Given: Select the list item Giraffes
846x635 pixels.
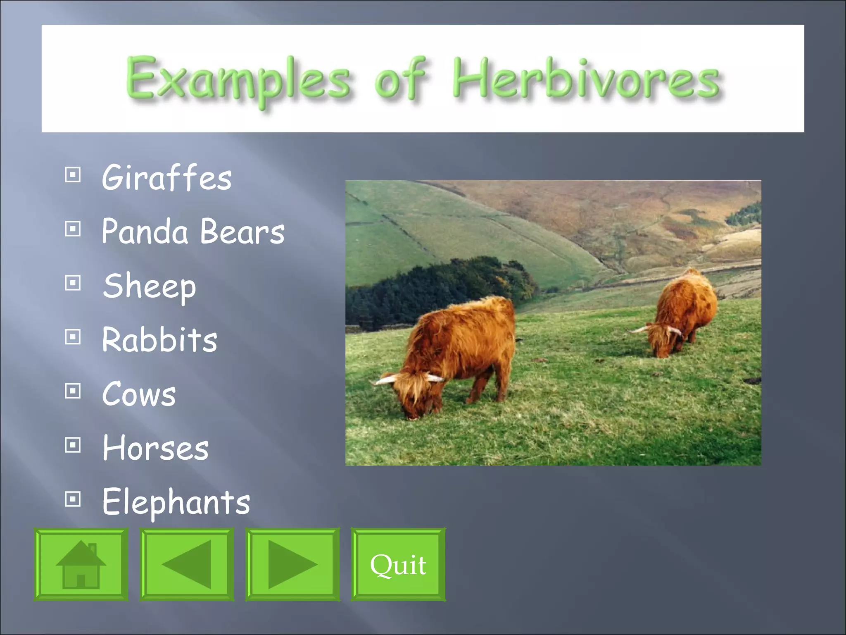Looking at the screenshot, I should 167,177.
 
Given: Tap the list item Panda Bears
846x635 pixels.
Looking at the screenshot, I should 193,232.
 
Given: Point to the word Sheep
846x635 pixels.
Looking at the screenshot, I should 150,286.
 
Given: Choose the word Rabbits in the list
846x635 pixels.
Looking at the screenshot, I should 159,340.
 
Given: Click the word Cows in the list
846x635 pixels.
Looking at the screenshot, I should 139,394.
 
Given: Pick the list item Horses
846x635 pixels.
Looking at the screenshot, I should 155,448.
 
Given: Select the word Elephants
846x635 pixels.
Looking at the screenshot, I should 176,501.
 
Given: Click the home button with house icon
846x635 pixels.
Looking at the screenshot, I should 81,564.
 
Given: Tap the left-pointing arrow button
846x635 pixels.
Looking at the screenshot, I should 187,564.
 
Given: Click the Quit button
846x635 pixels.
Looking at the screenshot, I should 398,564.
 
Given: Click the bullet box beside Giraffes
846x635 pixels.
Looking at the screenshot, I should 73,175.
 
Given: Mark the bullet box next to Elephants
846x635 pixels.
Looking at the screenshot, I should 73,499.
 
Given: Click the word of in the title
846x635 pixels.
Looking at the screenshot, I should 400,79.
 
